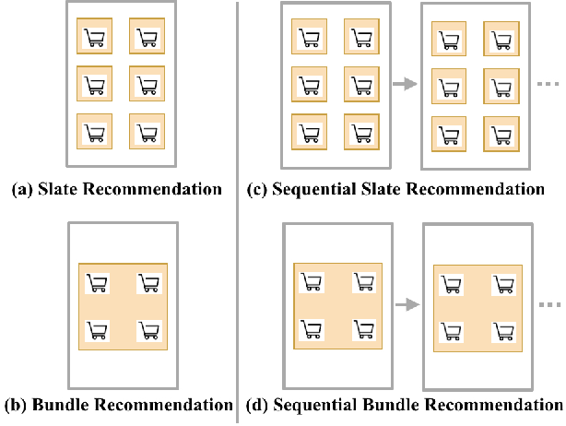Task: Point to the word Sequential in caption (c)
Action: [314, 190]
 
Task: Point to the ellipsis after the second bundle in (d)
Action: [549, 302]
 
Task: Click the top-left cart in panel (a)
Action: [94, 38]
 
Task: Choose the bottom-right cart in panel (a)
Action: [147, 133]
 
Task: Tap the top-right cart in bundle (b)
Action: [149, 283]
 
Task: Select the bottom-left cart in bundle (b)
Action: [97, 328]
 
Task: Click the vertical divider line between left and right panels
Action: [239, 212]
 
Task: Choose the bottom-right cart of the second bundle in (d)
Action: [504, 331]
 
